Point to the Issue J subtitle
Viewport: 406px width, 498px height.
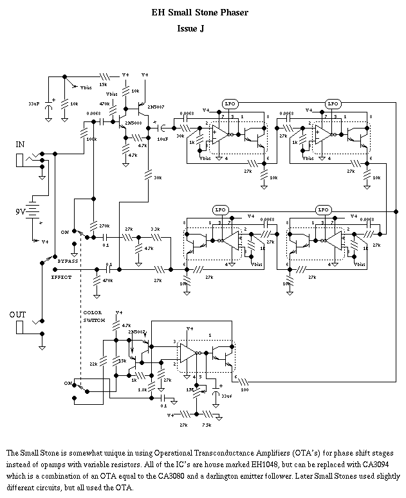[191, 29]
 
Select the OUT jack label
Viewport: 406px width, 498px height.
[18, 314]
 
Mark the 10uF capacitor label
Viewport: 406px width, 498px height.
[163, 138]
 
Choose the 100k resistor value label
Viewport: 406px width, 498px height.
[91, 139]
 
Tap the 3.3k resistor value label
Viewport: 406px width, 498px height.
[155, 229]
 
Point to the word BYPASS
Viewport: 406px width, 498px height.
[68, 262]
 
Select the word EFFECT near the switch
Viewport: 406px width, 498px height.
[62, 276]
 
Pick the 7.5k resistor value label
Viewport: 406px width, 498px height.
[207, 425]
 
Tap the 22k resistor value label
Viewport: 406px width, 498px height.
[93, 364]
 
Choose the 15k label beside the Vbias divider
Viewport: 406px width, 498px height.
[104, 85]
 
